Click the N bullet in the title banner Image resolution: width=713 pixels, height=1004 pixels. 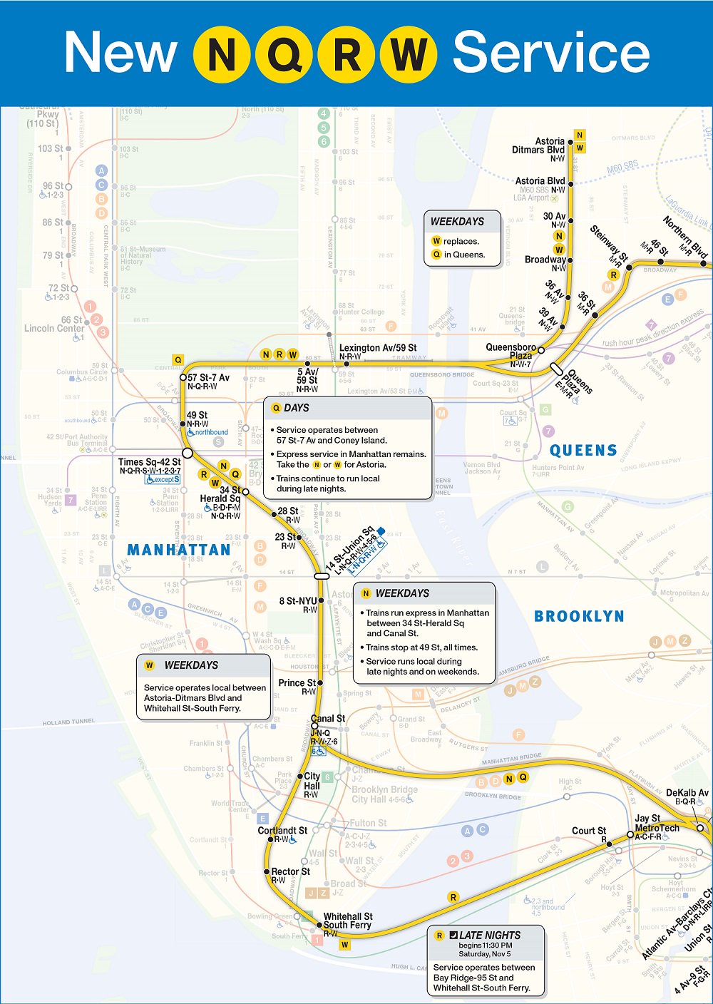222,54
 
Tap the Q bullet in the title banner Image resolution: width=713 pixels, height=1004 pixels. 284,54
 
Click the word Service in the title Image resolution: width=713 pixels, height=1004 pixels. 551,53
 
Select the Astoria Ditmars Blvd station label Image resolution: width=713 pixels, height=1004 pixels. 539,145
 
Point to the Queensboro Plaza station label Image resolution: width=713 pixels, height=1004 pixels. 511,351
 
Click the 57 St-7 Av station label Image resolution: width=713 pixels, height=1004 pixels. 208,378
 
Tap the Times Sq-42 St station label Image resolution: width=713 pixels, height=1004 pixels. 150,462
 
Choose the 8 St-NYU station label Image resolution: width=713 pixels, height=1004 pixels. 298,601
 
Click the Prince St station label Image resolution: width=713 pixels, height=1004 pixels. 297,683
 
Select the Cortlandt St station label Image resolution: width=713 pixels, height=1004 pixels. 282,831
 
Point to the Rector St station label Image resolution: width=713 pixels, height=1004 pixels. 290,871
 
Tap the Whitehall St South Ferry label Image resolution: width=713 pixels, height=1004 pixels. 348,921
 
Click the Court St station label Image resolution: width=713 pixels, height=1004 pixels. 589,831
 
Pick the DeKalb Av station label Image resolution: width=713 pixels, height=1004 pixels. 687,793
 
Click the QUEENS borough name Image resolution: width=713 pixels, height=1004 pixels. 583,451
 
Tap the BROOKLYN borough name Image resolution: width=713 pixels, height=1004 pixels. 579,616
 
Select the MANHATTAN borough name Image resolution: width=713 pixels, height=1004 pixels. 179,550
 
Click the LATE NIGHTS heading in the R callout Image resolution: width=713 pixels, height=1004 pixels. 490,935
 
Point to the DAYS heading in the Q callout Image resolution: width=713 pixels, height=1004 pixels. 297,408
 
